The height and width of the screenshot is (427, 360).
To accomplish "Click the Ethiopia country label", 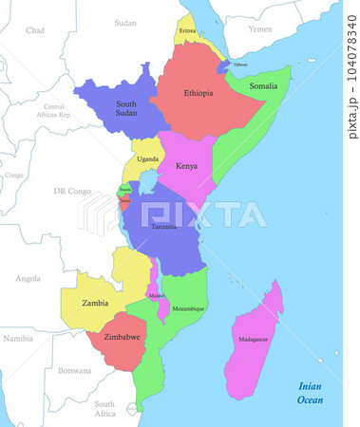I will [x=199, y=93].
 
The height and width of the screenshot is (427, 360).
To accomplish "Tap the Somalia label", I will [x=263, y=85].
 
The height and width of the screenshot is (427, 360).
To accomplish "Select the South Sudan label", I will [x=125, y=107].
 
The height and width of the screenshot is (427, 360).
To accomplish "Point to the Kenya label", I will [x=187, y=166].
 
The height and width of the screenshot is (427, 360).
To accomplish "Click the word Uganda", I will [x=147, y=158].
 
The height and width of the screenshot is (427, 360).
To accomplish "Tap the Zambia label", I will [x=94, y=303].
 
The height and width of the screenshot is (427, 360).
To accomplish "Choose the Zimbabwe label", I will [x=122, y=337].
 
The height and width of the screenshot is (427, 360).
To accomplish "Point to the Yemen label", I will [x=259, y=29].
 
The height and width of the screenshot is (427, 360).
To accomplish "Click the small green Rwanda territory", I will [x=124, y=191].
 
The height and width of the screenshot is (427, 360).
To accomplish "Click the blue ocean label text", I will [x=310, y=393].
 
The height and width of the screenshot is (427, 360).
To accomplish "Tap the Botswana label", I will [x=74, y=370].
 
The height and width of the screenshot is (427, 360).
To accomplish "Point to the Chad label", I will [x=35, y=30].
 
